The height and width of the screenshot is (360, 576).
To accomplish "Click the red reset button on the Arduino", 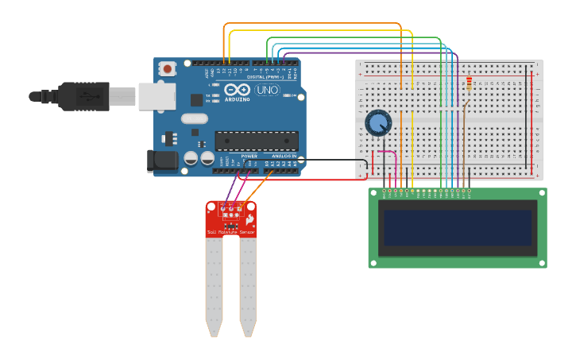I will click(x=168, y=69).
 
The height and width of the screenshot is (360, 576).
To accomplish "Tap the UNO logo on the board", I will click(x=268, y=90).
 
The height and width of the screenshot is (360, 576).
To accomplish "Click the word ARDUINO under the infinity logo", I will click(x=238, y=100).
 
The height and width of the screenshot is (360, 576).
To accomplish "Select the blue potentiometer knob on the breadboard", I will click(x=378, y=123).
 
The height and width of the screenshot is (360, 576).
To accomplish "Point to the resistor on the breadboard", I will click(x=469, y=83).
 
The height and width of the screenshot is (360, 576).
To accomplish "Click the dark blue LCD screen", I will click(x=457, y=227).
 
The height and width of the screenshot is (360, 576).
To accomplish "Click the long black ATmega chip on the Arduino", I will click(x=257, y=141).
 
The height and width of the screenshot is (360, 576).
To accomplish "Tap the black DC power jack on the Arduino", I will click(x=163, y=161).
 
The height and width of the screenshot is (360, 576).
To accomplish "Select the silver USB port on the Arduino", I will click(x=157, y=96).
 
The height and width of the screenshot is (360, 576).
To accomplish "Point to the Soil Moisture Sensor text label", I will click(x=231, y=232).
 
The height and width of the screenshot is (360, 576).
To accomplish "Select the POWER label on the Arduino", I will click(x=249, y=157).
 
